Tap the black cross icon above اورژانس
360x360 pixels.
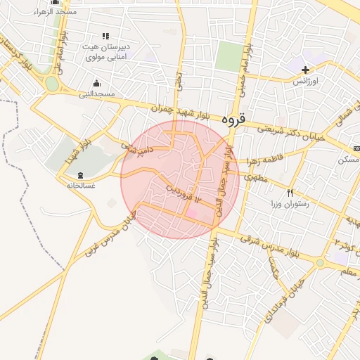(305, 70)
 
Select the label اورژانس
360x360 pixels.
(306, 81)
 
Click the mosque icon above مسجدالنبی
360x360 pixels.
(96, 83)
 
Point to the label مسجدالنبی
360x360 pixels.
(96, 94)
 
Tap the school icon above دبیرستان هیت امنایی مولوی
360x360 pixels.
(105, 36)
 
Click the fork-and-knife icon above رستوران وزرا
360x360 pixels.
(289, 193)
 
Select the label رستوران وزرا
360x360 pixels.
(290, 204)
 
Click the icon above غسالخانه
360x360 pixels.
(79, 174)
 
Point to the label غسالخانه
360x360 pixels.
(80, 186)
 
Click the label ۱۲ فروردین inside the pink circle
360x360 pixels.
(184, 194)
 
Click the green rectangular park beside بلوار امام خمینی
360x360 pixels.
(228, 56)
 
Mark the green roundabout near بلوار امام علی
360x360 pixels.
(51, 84)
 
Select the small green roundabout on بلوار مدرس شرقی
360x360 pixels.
(320, 263)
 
